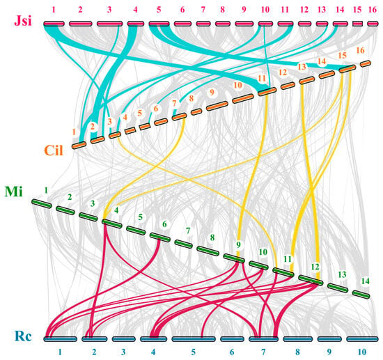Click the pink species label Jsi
[x=23, y=20]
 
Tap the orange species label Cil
[x=54, y=150]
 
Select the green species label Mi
[x=14, y=191]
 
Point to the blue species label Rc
[x=23, y=336]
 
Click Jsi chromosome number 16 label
[x=373, y=10]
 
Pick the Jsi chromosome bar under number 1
[x=54, y=24]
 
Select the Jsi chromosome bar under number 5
[x=159, y=24]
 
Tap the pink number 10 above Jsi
[x=265, y=10]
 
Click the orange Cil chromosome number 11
[x=262, y=79]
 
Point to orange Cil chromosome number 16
[x=360, y=50]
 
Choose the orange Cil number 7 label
[x=174, y=103]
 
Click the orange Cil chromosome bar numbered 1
[x=79, y=145]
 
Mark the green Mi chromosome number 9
[x=238, y=244]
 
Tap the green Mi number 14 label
[x=366, y=281]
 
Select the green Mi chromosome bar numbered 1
[x=42, y=204]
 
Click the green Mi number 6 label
[x=164, y=224]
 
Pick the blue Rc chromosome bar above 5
[x=194, y=339]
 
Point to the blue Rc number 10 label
[x=362, y=352]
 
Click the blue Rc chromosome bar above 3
[x=123, y=339]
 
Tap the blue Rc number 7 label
[x=263, y=352]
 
